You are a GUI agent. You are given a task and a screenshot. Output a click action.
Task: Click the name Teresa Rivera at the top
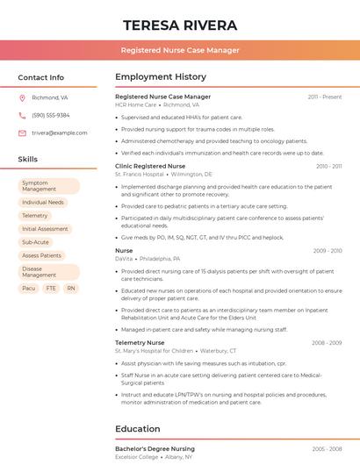tap(180, 25)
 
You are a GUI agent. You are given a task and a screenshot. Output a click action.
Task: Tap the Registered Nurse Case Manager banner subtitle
tap(180, 50)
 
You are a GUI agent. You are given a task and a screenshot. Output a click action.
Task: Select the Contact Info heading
tap(41, 77)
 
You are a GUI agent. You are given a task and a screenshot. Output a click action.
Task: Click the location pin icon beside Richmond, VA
tap(22, 98)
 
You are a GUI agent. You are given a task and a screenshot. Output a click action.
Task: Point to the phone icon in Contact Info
tap(22, 116)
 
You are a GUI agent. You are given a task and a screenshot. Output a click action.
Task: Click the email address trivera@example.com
tap(60, 133)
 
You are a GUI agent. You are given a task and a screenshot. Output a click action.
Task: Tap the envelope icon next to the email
tap(22, 133)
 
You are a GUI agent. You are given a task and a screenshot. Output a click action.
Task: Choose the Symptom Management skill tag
tap(49, 186)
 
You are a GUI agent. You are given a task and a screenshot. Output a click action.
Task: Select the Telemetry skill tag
tap(35, 215)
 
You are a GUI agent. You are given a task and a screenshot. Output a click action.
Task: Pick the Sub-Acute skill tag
tap(36, 241)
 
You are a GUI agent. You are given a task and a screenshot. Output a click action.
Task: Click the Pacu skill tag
tap(29, 288)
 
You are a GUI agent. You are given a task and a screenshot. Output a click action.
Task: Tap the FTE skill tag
tap(51, 288)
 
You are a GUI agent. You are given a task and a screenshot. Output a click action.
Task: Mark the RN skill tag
tap(71, 288)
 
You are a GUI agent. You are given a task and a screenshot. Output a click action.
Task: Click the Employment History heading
tap(161, 77)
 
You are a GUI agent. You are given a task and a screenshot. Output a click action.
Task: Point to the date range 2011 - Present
tap(324, 97)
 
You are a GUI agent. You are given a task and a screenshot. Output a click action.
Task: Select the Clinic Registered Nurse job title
tap(150, 166)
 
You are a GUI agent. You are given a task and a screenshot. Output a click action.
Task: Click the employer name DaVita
tap(124, 259)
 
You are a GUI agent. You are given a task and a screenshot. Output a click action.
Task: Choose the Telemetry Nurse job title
tap(140, 342)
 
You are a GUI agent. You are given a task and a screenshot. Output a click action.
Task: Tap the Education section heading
tap(137, 429)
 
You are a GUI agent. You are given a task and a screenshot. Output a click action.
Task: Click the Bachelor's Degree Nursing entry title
tap(155, 448)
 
